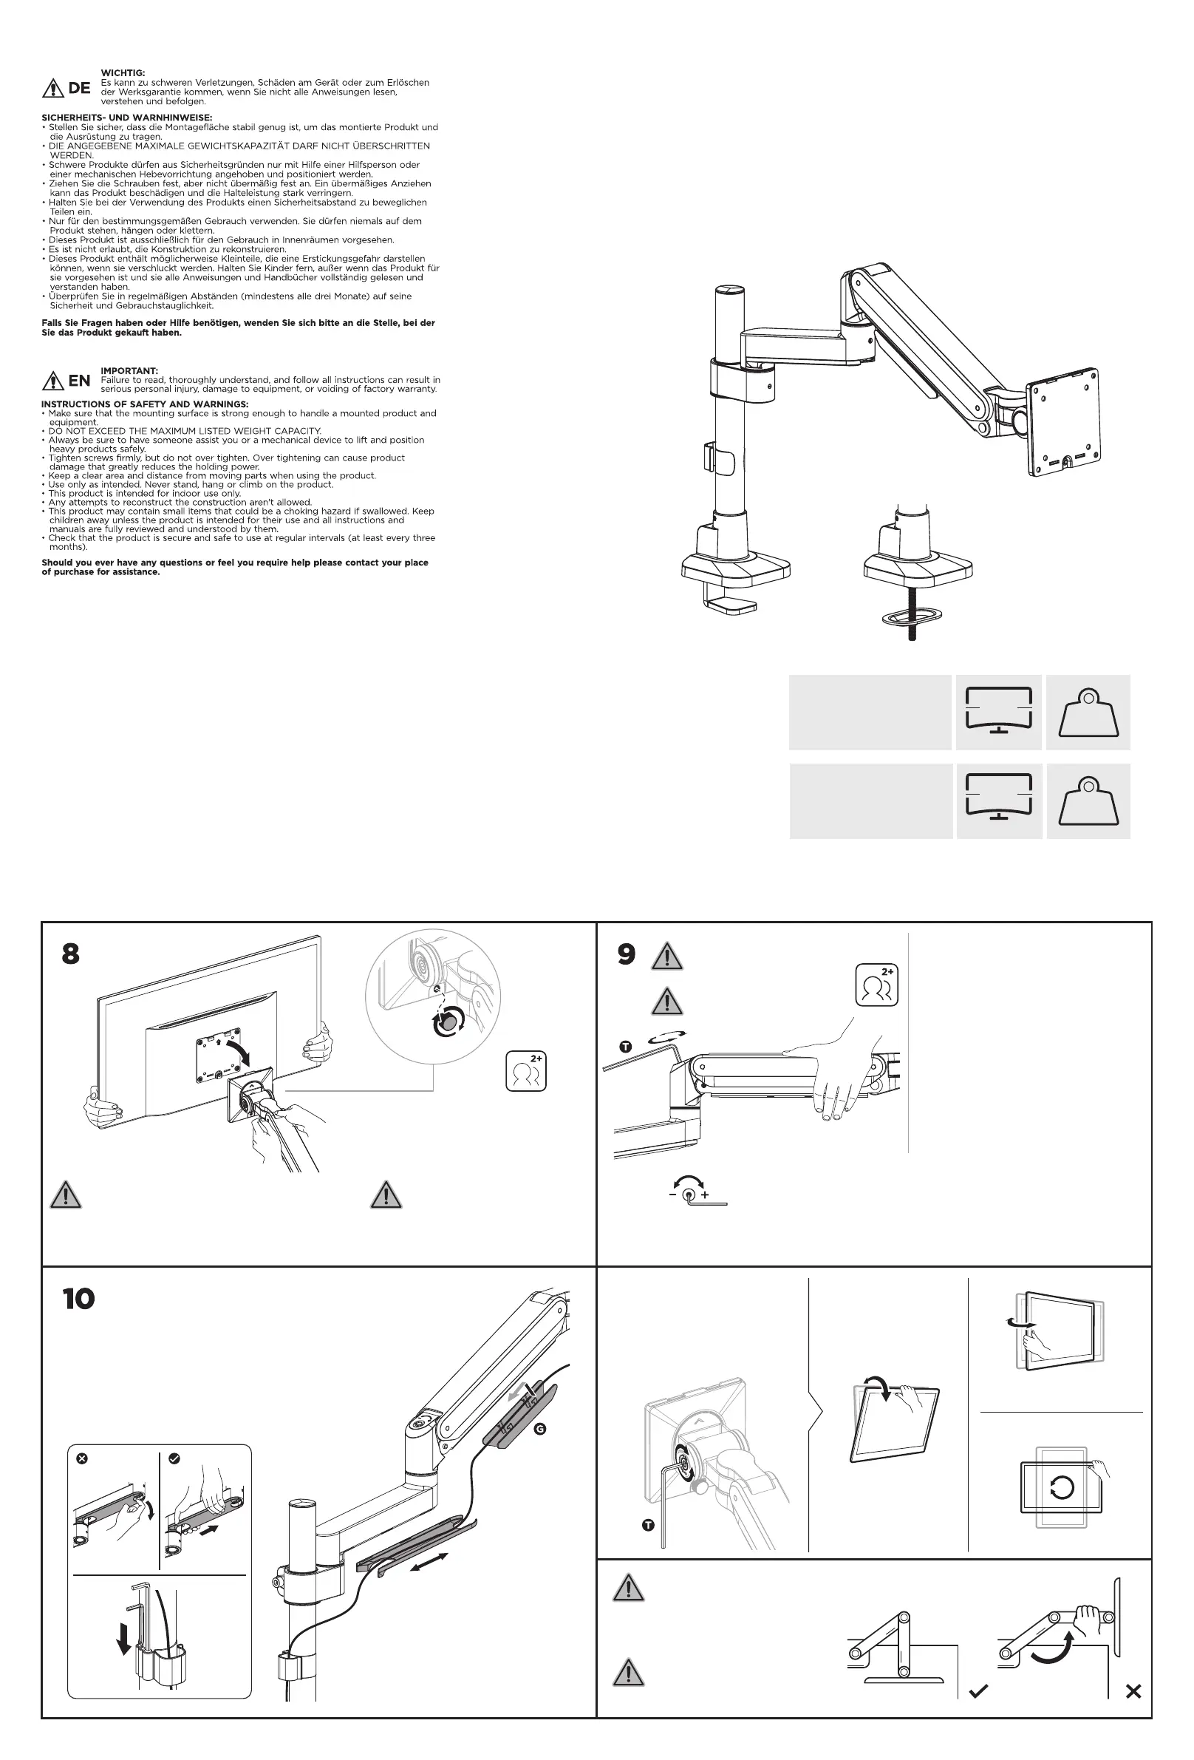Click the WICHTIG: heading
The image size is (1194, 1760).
click(123, 72)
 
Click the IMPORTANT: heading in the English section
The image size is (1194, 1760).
click(129, 371)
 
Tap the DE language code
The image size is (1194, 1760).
click(80, 88)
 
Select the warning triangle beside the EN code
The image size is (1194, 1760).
click(53, 381)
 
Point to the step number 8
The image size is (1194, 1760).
click(70, 954)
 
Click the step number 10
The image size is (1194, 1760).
click(79, 1299)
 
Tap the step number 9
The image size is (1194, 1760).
click(626, 954)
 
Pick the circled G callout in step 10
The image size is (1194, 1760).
click(540, 1429)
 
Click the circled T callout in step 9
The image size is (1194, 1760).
click(625, 1047)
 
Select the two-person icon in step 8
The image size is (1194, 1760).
click(526, 1072)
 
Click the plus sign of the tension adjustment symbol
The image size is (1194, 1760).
click(705, 1195)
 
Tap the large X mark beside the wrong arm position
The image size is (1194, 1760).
click(1133, 1691)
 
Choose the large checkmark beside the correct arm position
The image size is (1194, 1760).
click(978, 1691)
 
